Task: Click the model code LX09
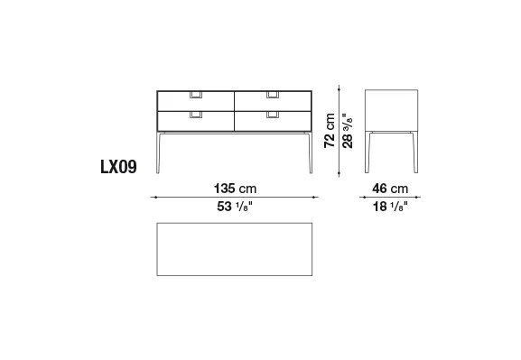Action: [118, 167]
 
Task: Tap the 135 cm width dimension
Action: [236, 189]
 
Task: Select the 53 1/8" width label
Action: [235, 207]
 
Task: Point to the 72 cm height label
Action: [330, 131]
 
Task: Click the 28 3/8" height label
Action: [348, 130]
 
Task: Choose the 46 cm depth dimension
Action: [390, 189]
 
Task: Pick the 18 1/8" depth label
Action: [390, 207]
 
